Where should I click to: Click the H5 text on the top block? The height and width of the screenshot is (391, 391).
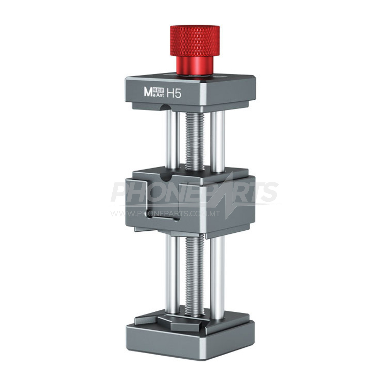(174, 94)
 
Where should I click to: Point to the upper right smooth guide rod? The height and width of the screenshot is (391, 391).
(217, 142)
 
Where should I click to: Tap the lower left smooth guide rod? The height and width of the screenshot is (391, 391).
(172, 274)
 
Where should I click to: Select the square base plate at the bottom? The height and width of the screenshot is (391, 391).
(190, 339)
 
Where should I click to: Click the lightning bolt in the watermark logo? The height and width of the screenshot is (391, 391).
(229, 198)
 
